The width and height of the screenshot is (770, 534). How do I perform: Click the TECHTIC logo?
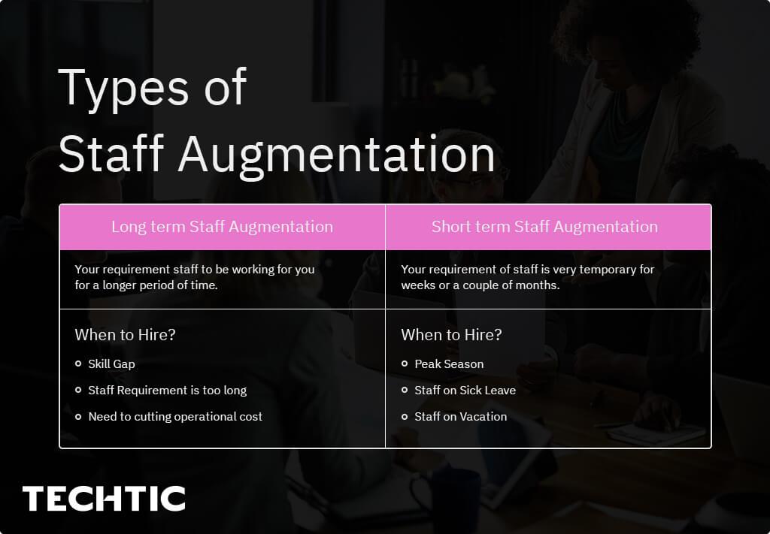104,499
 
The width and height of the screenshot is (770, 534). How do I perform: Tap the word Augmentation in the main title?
337,155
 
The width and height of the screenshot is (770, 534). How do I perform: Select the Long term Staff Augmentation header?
222,227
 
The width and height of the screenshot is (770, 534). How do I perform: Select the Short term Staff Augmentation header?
544,227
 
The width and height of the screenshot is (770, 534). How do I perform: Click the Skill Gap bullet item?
111,364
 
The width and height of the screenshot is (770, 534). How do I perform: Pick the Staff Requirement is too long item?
167,391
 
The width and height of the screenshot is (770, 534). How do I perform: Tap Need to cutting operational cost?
175,417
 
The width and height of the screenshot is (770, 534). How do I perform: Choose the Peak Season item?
449,364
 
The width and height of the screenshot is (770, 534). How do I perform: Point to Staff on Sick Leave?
465,391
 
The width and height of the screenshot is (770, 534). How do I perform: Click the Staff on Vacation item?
460,417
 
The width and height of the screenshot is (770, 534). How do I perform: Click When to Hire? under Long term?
125,335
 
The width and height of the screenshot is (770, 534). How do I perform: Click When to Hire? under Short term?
451,335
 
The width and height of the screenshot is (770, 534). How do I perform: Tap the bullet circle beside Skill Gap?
78,364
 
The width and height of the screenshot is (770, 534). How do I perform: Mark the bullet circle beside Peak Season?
405,364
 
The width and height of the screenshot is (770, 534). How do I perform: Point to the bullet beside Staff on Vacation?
405,417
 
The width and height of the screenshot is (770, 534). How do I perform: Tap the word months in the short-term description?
538,286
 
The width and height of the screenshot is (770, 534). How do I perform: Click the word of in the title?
224,89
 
